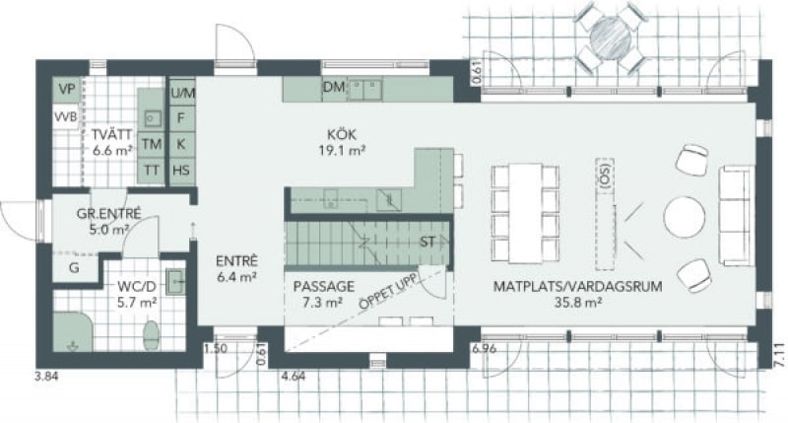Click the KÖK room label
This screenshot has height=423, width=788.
pos(341,134)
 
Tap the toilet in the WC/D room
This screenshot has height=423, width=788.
pos(151,334)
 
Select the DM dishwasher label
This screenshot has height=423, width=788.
pos(334,87)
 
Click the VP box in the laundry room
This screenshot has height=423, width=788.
pos(66,89)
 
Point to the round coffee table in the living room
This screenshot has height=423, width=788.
pos(684,216)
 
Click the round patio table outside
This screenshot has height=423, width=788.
pos(610,36)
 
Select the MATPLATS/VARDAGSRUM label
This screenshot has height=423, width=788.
pos(577,286)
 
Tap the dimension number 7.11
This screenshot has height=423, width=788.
pos(778,357)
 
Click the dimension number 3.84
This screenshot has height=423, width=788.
pos(46,376)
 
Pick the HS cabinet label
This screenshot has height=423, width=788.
pos(181,170)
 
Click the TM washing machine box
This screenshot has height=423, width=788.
pos(152,144)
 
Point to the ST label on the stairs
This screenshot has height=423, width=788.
pos(427,242)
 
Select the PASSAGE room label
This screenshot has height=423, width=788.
pos(324,286)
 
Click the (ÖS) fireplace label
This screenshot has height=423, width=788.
pos(605,176)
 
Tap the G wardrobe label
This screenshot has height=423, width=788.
pos(74,267)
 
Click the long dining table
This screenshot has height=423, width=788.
pos(525,213)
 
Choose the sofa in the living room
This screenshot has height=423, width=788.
pos(736,215)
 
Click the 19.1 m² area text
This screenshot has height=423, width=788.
pos(341,150)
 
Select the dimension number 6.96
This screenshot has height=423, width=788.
pos(484,348)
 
